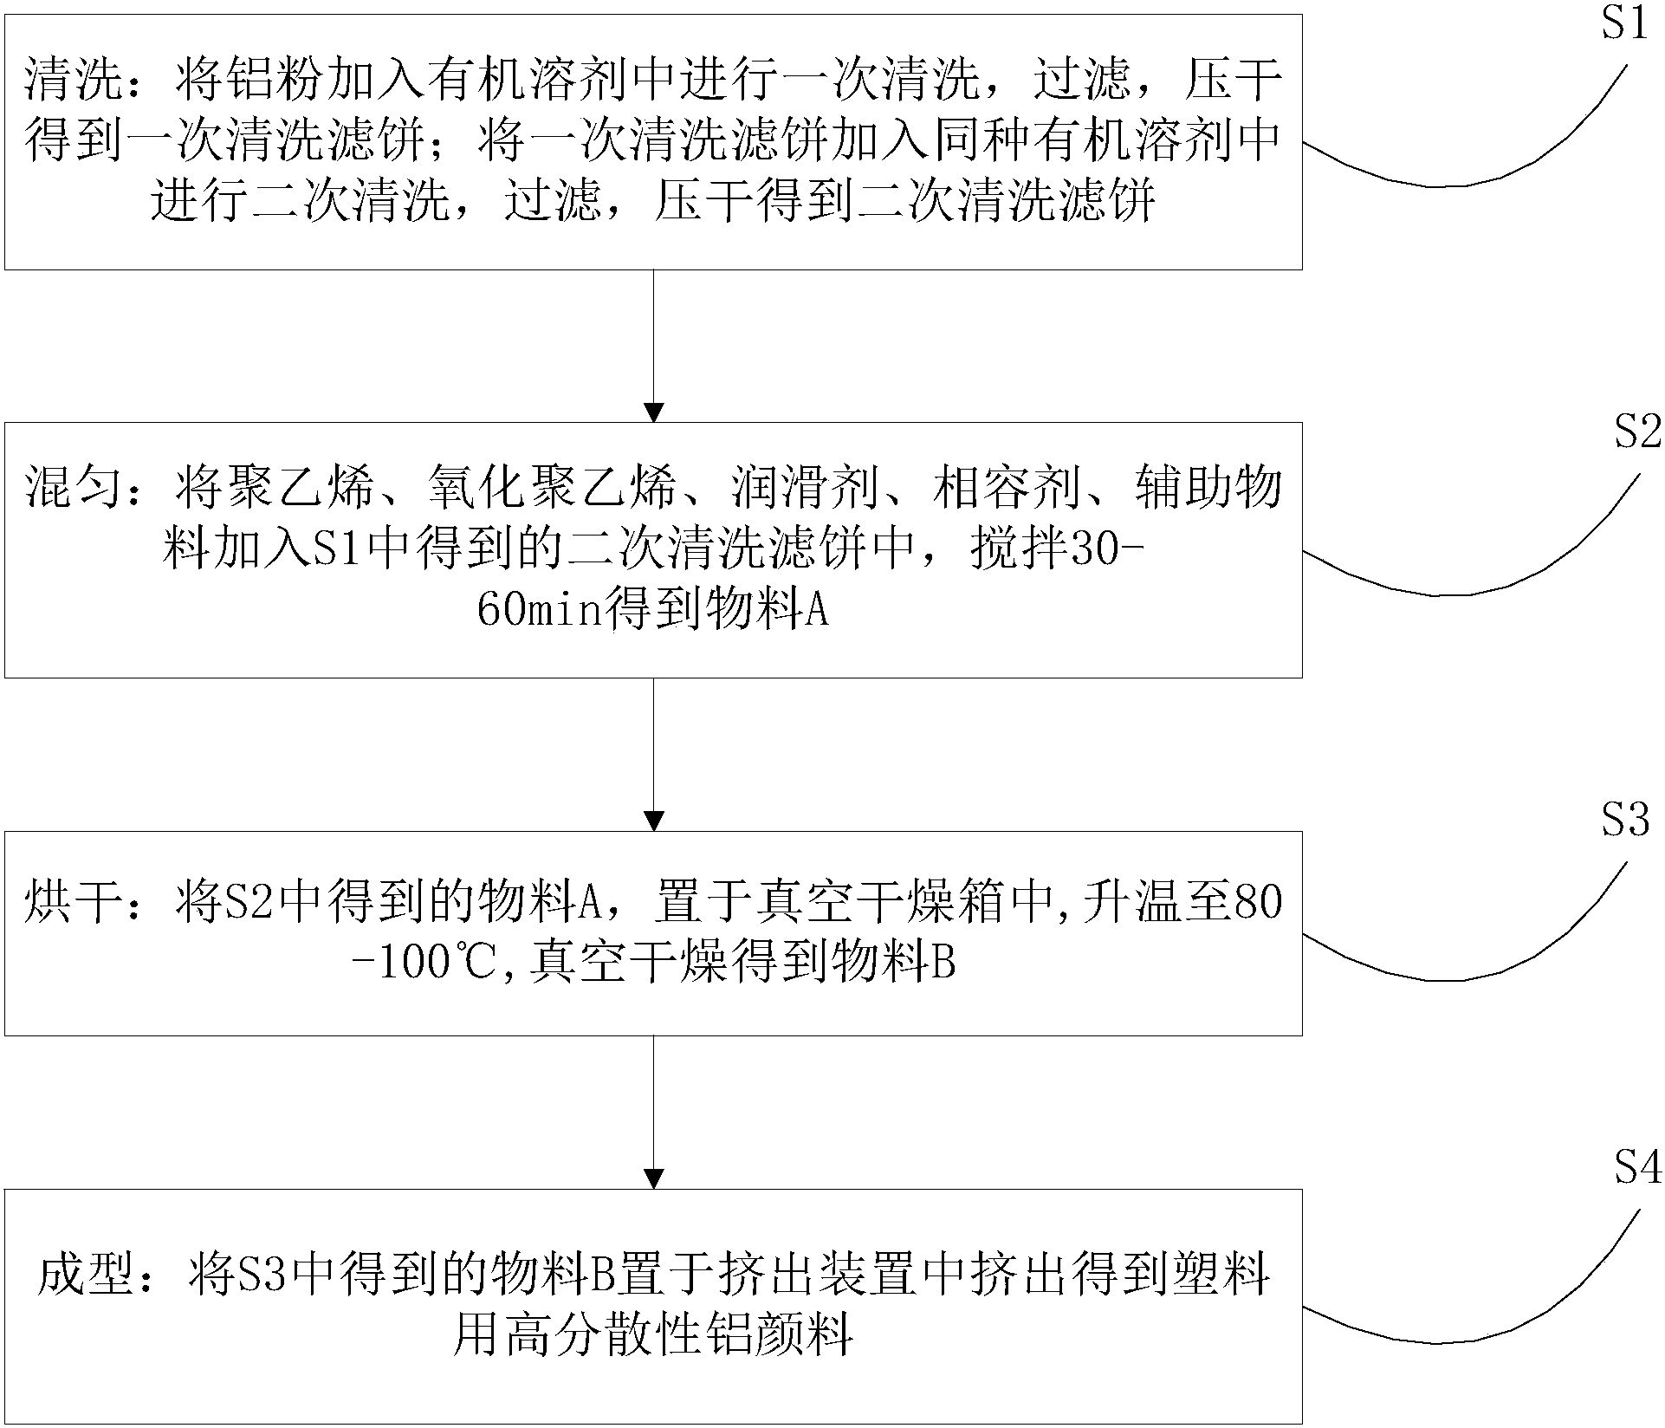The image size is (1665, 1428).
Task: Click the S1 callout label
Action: (1624, 25)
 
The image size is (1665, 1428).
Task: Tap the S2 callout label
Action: (1637, 432)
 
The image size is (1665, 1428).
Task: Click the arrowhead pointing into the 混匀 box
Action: (654, 412)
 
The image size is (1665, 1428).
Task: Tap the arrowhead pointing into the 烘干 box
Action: (654, 820)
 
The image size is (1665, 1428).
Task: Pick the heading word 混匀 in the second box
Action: (72, 490)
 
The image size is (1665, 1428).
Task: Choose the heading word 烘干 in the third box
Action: (72, 902)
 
